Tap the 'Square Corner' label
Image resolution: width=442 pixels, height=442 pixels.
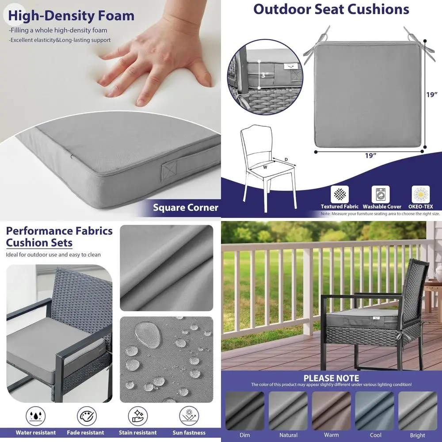click(185, 207)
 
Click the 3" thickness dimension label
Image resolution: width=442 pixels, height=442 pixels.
click(265, 75)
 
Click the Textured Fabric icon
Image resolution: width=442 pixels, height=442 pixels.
click(339, 194)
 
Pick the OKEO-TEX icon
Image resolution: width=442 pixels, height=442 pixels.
click(421, 194)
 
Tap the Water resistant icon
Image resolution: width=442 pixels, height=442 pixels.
click(35, 416)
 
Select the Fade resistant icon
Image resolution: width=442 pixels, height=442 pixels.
click(87, 416)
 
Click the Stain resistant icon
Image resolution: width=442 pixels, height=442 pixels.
click(137, 416)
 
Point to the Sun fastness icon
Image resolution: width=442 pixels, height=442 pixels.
click(189, 416)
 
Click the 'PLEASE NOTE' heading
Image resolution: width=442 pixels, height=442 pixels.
click(331, 378)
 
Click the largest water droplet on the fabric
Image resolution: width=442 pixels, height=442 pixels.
click(145, 330)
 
